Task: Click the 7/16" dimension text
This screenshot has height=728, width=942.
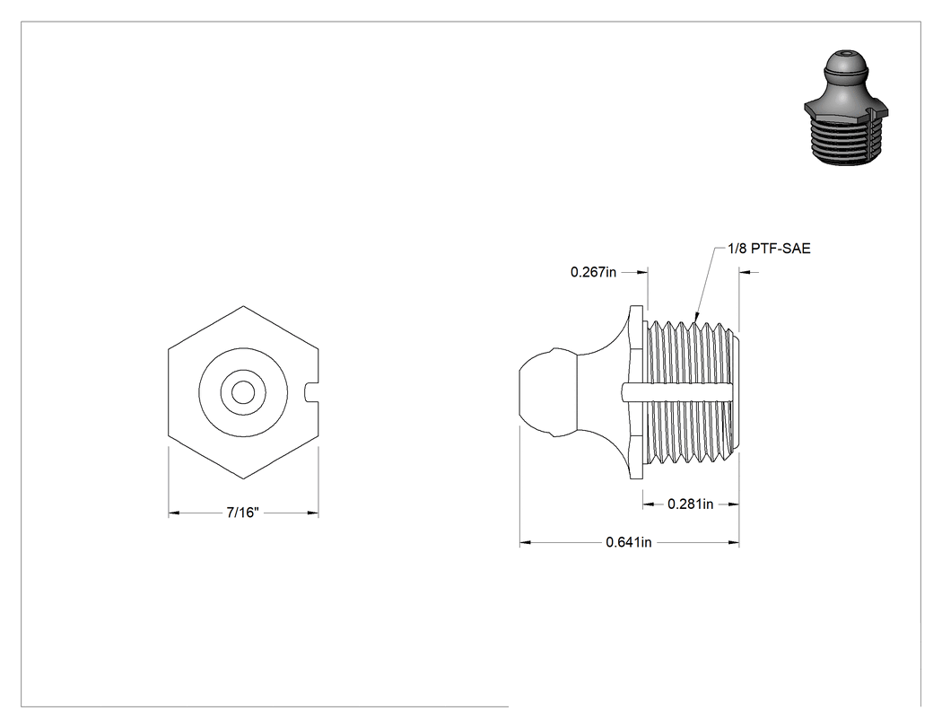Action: tap(242, 513)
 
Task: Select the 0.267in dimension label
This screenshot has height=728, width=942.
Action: tap(593, 272)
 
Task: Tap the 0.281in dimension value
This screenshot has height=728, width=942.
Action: tap(690, 504)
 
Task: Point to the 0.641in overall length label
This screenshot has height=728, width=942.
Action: tap(628, 542)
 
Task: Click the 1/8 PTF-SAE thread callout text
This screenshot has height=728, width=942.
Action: tap(769, 249)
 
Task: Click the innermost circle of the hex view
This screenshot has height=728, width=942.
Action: tap(243, 392)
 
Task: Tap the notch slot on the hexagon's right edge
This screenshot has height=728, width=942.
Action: tap(311, 392)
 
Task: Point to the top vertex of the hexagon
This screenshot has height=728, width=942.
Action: tap(243, 306)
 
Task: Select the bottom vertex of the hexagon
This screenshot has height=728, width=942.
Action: tap(243, 479)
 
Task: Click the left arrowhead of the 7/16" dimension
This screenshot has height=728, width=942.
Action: tap(174, 513)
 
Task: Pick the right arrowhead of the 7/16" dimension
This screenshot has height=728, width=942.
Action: tap(312, 513)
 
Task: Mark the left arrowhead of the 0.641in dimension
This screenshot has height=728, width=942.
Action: tap(526, 543)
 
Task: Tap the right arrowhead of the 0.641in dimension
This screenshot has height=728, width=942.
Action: tap(734, 543)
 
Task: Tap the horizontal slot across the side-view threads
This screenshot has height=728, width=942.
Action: tap(677, 392)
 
